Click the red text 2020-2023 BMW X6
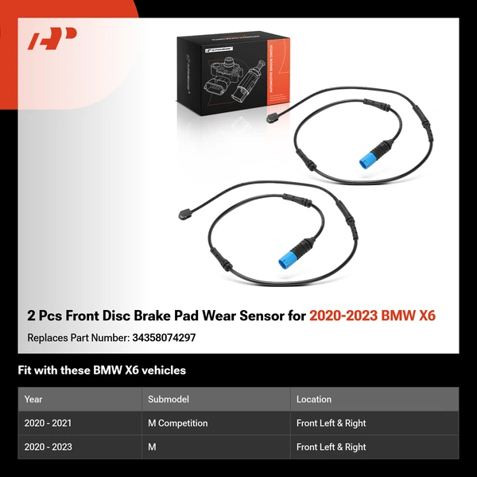tap(373, 316)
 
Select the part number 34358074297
tap(163, 338)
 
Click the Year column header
tap(33, 399)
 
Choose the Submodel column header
tap(168, 399)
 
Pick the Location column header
tap(314, 399)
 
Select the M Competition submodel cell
tap(178, 423)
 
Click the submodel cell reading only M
tap(153, 447)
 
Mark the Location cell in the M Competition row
tap(331, 423)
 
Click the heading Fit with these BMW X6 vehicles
tap(102, 370)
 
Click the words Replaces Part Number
tap(77, 338)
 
